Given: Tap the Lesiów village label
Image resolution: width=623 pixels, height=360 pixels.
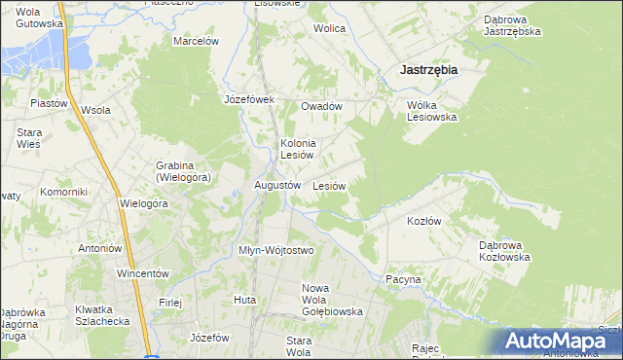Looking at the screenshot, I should (330, 185).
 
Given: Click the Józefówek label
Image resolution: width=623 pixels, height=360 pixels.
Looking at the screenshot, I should (250, 99).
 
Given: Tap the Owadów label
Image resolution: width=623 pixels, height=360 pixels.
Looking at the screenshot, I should (321, 106).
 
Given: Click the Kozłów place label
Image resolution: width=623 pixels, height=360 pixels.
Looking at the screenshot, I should (423, 221).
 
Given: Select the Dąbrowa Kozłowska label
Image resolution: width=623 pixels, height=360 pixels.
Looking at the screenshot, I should (504, 251).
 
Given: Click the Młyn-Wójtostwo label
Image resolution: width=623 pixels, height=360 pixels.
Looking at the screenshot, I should (276, 250).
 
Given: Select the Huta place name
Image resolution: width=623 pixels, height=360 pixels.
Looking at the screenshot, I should (244, 300).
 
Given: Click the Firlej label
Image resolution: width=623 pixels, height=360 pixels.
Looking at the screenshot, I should (170, 302).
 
